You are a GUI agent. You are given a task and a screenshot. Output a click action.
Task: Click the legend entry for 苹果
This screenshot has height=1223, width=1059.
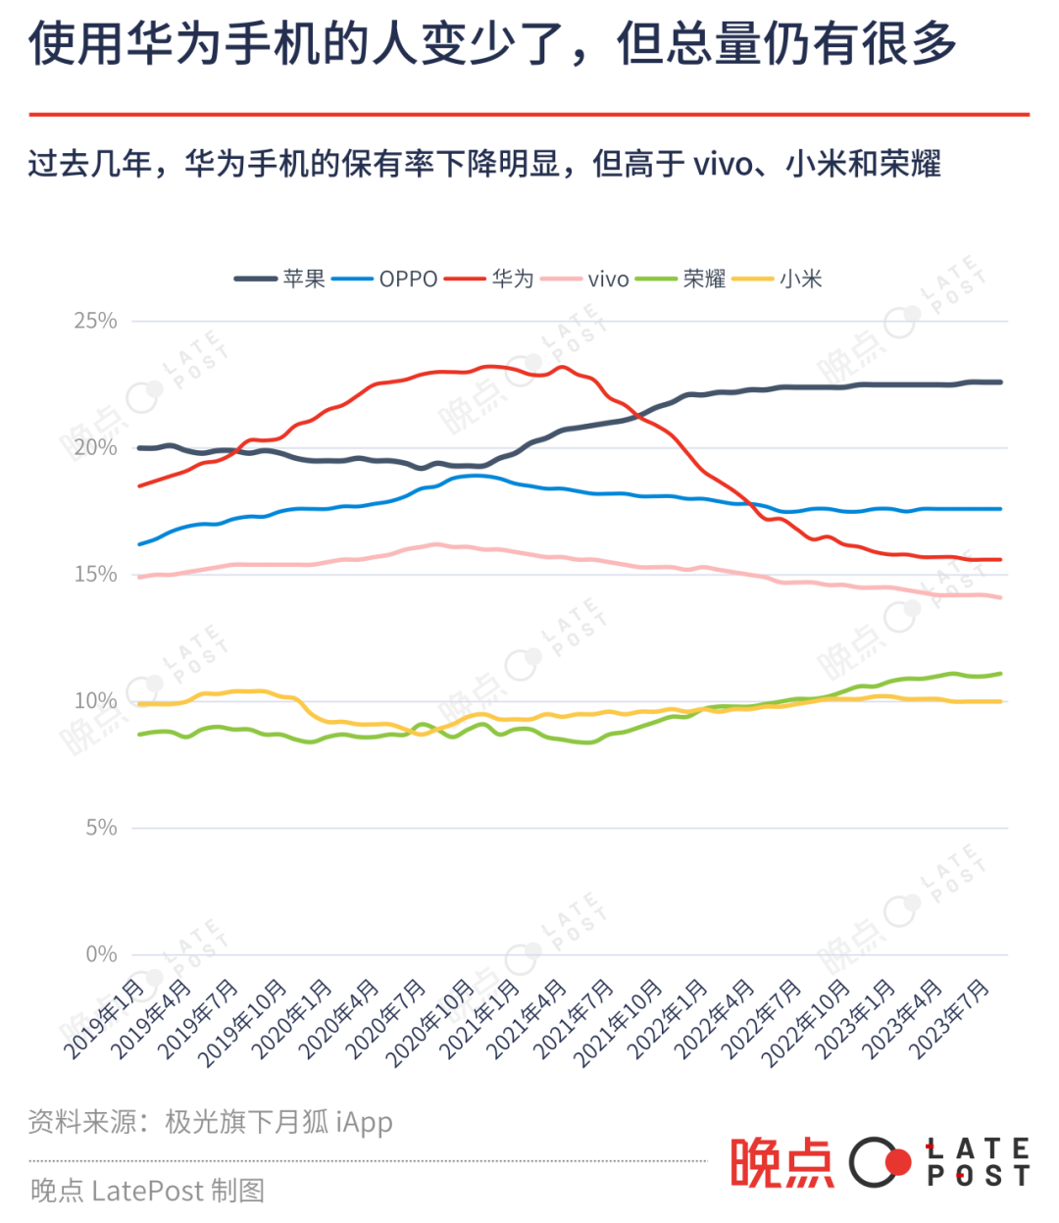coord(279,279)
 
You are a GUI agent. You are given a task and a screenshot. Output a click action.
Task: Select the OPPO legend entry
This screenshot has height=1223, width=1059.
coord(384,279)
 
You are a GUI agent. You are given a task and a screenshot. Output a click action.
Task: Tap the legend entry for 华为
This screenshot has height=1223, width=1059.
coord(488,279)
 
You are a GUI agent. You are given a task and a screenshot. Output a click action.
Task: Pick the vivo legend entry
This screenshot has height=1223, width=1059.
coord(584,279)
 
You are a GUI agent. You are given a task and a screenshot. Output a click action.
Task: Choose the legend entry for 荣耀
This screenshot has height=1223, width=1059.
coord(681,279)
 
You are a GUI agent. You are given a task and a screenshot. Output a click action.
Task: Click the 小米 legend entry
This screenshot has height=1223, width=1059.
coord(777,279)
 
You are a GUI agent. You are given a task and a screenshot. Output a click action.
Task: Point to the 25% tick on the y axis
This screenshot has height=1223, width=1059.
coord(95,321)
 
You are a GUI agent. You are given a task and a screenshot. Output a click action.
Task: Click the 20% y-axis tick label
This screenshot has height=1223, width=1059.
coord(95,448)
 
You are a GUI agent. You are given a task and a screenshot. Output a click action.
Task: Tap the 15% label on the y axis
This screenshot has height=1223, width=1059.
coord(95,575)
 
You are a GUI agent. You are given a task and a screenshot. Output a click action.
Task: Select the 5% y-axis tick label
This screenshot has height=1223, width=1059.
coord(101,828)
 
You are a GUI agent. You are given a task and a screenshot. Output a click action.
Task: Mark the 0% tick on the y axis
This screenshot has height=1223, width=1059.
coord(101,954)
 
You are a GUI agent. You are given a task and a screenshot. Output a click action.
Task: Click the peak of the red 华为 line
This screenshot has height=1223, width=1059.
coord(561,368)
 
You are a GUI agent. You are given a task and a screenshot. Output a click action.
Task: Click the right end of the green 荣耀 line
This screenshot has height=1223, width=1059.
coord(1000,674)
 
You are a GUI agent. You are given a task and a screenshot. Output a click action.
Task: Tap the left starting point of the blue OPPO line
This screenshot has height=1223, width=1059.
coord(139,544)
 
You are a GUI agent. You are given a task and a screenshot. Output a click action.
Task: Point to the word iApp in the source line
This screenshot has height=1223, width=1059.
coord(365,1122)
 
